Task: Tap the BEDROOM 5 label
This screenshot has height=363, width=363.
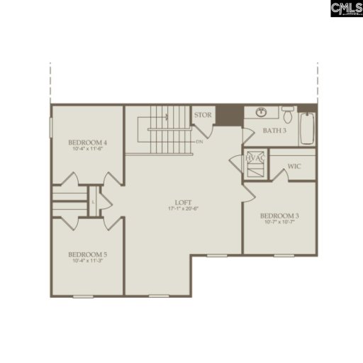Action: point(87,254)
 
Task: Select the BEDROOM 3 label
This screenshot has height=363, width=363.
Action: point(279,216)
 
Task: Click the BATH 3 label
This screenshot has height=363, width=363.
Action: point(275,131)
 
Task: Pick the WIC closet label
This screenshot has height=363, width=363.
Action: point(296,167)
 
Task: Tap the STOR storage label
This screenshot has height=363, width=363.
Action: point(203,114)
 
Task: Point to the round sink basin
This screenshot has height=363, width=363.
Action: point(260,112)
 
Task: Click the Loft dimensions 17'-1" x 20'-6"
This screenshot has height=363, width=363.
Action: point(182,208)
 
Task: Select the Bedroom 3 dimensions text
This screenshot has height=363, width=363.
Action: point(279,223)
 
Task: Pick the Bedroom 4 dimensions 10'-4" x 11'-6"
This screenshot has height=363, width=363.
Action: point(89,149)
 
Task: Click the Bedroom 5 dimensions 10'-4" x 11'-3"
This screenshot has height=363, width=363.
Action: point(89,261)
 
